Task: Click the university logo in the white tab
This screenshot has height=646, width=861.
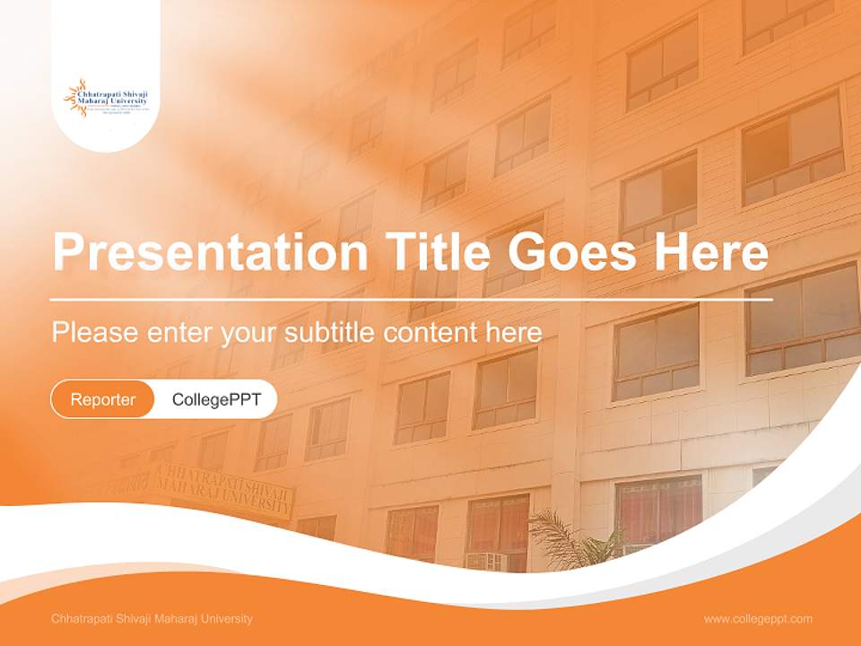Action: [107, 98]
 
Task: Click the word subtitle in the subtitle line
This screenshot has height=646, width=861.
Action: [330, 332]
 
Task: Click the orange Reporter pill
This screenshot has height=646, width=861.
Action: [103, 399]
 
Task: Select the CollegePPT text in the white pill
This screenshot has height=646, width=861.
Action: [216, 399]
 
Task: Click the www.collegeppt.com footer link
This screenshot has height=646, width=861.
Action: [758, 619]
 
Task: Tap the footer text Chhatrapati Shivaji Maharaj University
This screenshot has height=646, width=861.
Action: [152, 619]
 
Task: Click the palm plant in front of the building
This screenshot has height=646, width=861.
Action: [565, 538]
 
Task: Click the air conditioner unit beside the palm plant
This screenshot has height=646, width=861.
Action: [485, 562]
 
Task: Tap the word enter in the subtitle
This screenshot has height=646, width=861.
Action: [175, 332]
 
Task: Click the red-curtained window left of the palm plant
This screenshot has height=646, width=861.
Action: [498, 525]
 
